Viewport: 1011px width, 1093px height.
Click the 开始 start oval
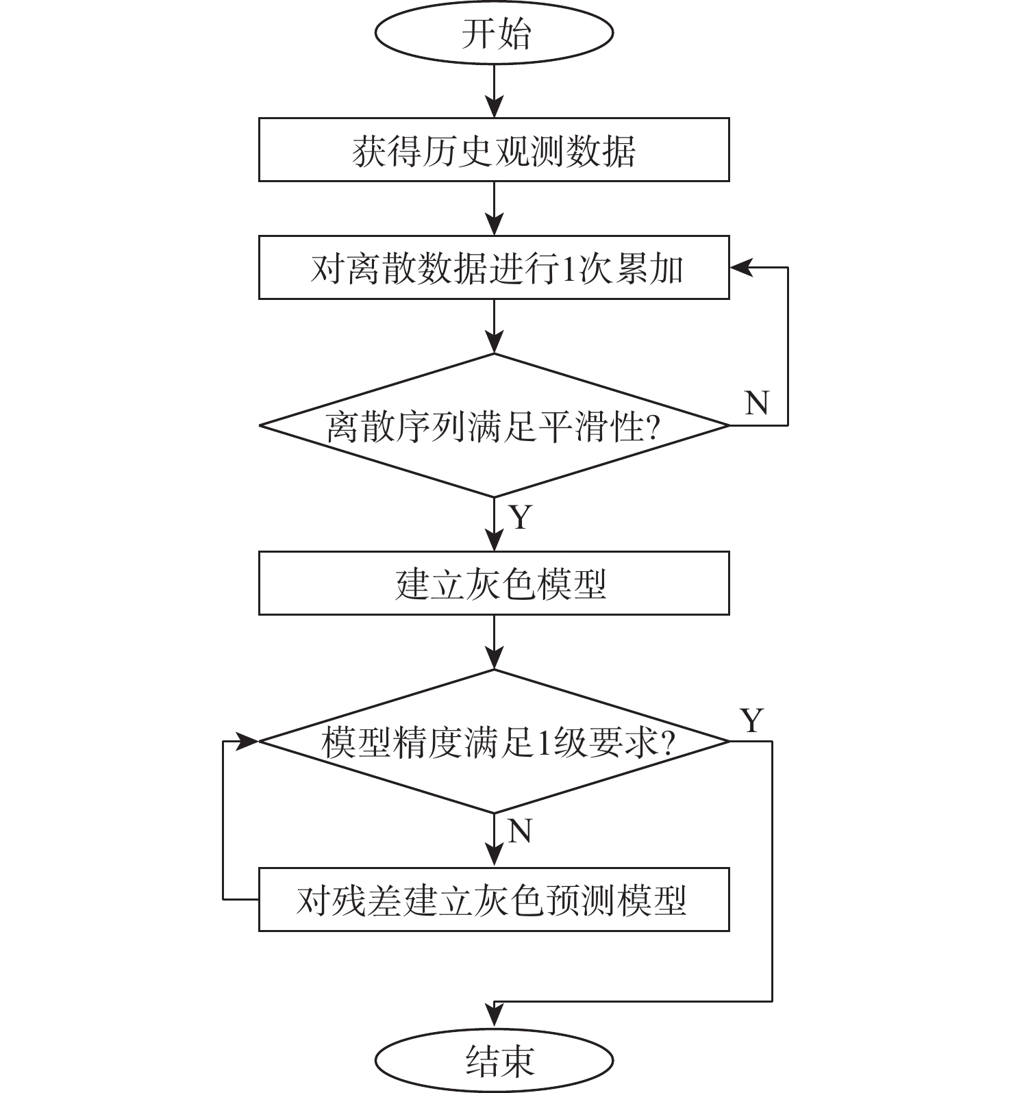(494, 33)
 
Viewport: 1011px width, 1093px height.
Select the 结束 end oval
(494, 1061)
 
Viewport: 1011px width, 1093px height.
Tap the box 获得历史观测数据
(494, 150)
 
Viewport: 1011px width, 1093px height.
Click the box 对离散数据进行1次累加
(494, 268)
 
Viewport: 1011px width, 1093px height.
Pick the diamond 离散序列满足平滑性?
(494, 425)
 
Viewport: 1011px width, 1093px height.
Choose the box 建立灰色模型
(494, 583)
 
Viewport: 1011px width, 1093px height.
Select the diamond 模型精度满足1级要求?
(494, 741)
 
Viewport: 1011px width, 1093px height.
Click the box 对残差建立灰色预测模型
(494, 900)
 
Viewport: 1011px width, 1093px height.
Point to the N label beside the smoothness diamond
(756, 403)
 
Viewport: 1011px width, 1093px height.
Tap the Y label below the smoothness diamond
(521, 518)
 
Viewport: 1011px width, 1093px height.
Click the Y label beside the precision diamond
(751, 720)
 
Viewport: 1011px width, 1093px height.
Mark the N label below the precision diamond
(520, 831)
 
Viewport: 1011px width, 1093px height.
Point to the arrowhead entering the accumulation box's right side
(740, 268)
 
